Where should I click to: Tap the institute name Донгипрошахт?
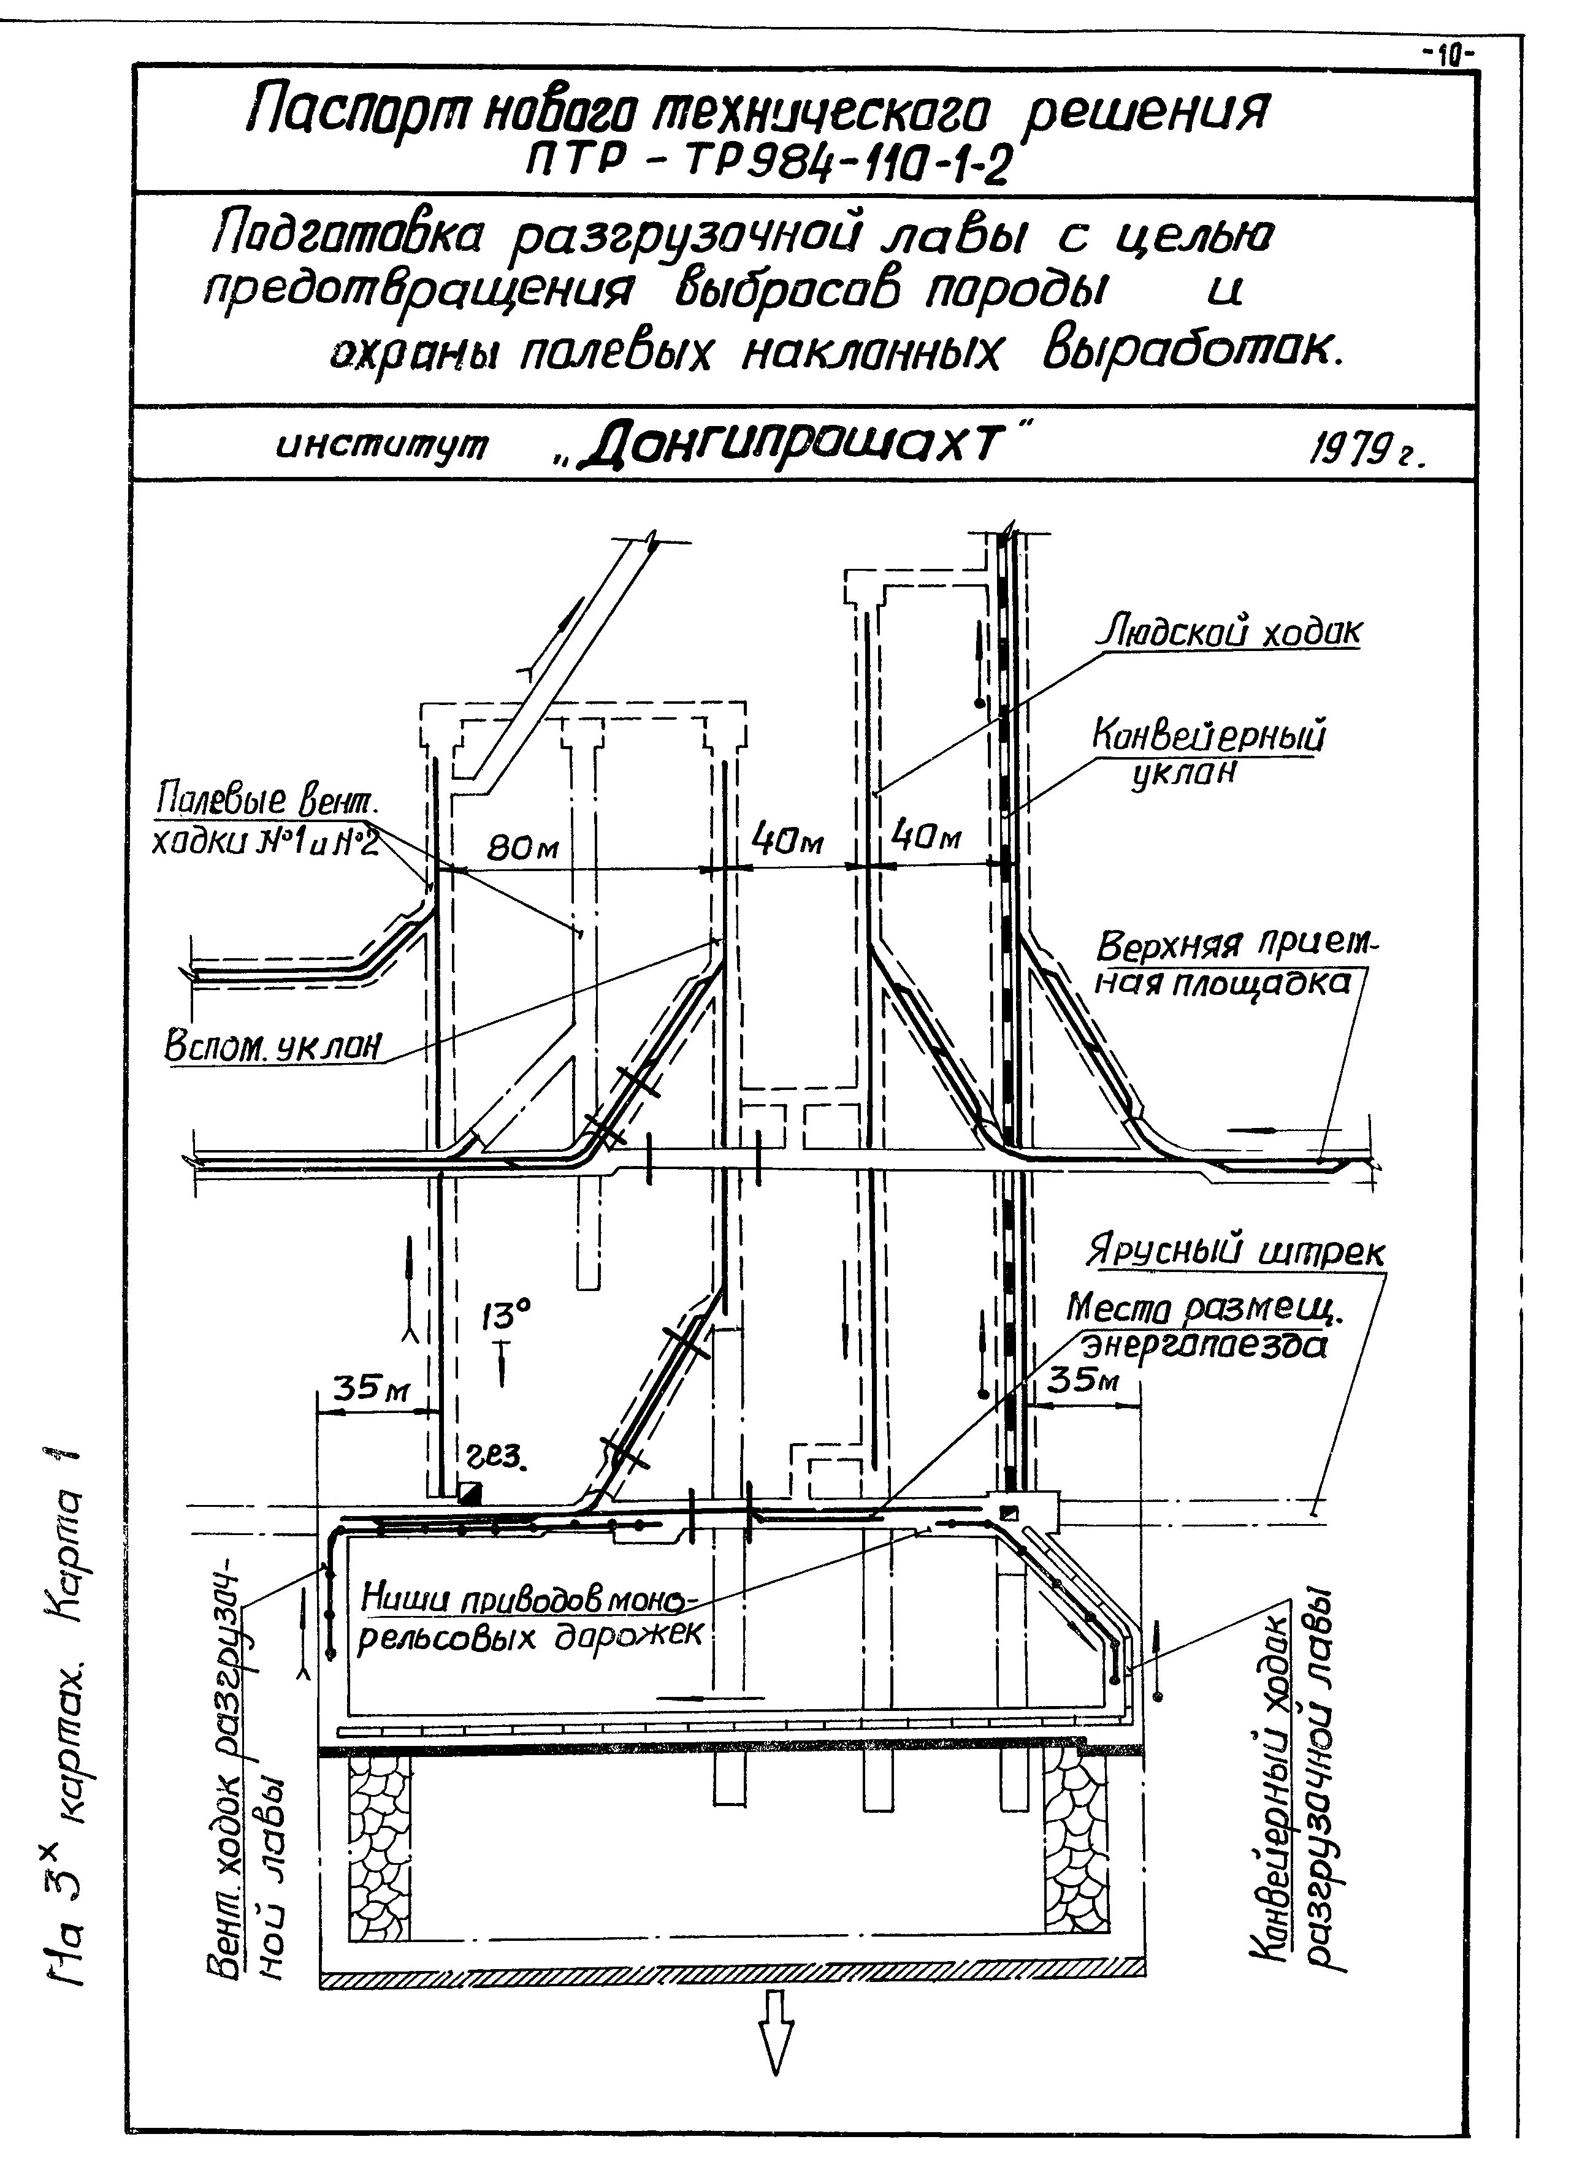[800, 446]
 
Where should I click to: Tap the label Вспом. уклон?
[274, 1046]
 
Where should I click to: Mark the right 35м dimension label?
[1084, 1381]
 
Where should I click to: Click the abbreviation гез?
[497, 1456]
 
